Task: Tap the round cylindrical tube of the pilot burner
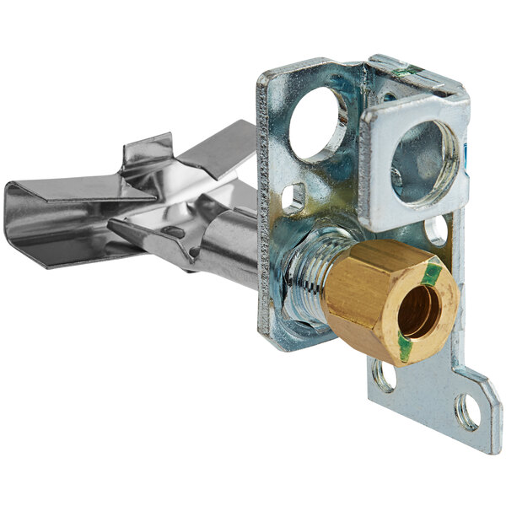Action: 228,245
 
